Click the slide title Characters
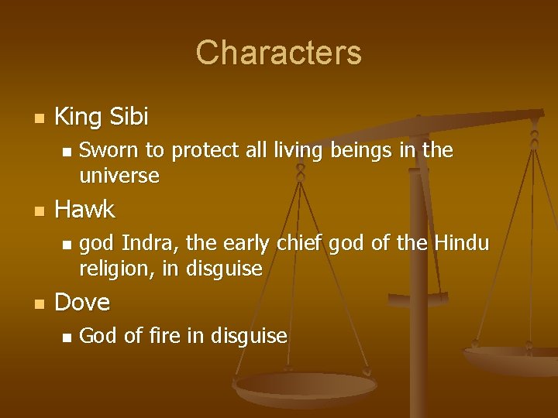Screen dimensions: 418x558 (x=278, y=53)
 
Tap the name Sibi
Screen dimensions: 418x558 (x=129, y=117)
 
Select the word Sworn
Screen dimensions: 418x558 (x=105, y=150)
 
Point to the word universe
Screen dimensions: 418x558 (x=119, y=176)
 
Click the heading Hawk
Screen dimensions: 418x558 (x=84, y=209)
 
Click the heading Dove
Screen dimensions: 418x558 (x=82, y=302)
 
